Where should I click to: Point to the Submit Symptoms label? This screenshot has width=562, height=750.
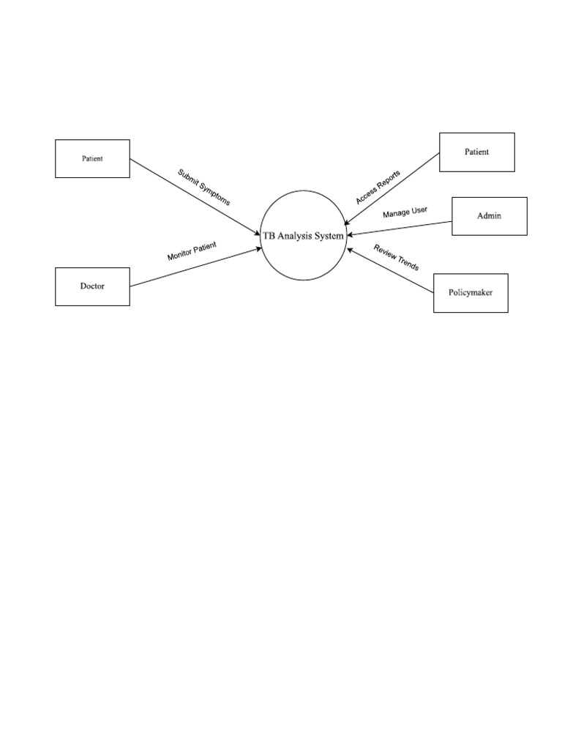(204, 187)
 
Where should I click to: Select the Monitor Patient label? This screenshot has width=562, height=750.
(192, 252)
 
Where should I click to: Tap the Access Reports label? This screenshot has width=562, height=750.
(378, 187)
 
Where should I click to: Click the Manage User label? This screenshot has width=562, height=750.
(405, 212)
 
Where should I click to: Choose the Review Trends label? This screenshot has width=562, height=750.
(396, 257)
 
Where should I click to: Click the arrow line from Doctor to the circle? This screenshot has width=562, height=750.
(196, 267)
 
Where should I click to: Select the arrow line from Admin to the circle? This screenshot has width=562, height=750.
(400, 229)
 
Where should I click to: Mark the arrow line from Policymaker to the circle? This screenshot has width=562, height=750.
(391, 270)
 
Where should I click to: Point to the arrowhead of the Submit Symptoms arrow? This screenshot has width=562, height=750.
(258, 233)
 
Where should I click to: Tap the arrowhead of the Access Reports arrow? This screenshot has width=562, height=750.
(346, 223)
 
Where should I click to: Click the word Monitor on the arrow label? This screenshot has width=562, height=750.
(179, 255)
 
